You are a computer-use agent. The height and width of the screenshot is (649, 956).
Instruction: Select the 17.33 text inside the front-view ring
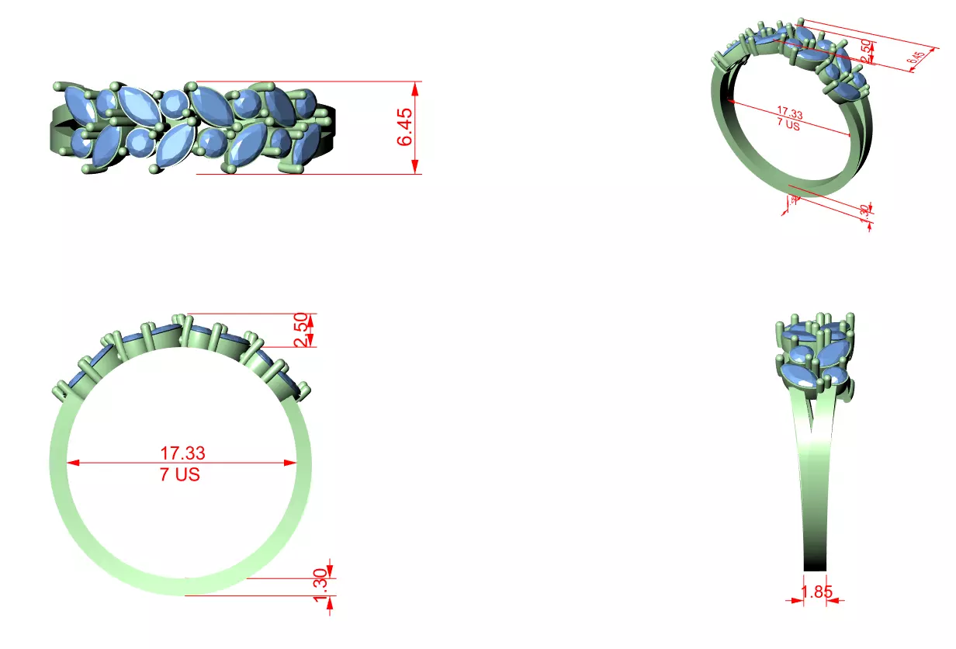[182, 453]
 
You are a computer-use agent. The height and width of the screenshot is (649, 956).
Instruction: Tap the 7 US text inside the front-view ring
[180, 474]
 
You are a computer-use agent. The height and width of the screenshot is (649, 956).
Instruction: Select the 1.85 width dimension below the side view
[816, 592]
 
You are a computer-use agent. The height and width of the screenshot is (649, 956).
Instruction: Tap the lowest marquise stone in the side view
[798, 380]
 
